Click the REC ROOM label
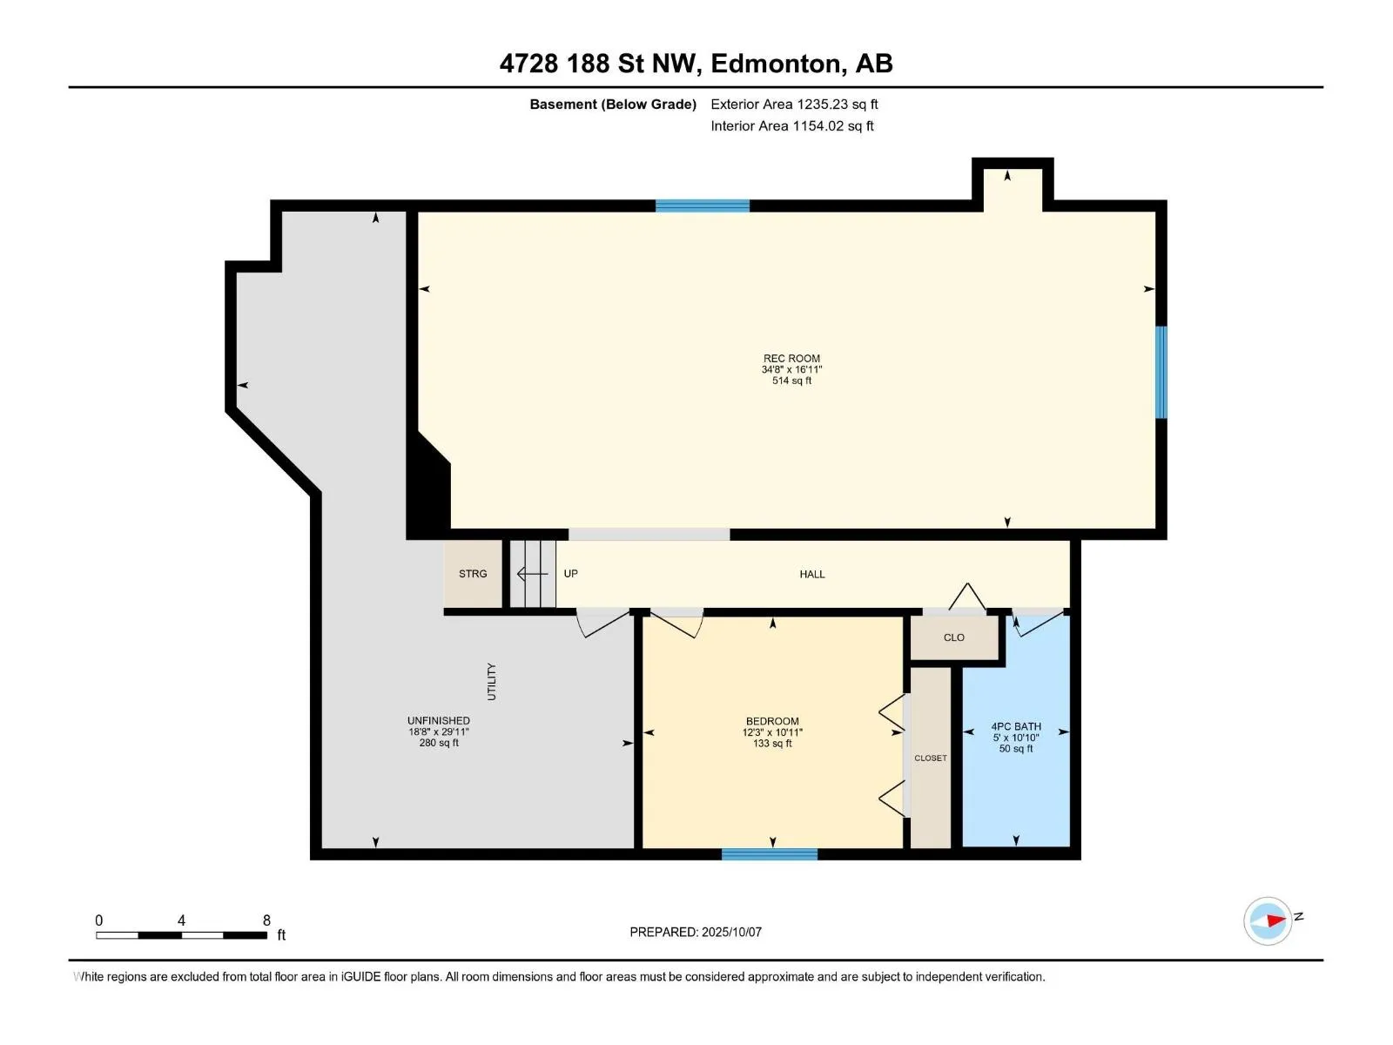pos(791,359)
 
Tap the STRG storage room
pos(473,574)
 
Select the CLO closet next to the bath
pos(954,637)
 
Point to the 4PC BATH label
pos(1016,726)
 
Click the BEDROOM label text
pos(772,721)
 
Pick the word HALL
pos(812,574)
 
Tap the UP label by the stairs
pos(570,574)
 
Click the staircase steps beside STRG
pos(533,574)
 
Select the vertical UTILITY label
pos(491,682)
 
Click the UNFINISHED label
pos(439,721)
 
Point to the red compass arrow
pos(1276,920)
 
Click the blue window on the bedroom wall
pos(769,854)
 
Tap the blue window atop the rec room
pos(703,206)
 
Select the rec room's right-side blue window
pos(1161,373)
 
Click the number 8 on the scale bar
pos(266,920)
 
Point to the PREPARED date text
pos(696,932)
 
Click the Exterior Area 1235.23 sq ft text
pos(794,104)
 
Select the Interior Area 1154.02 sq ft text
pos(792,125)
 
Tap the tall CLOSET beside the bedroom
pos(931,758)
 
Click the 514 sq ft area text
pos(791,381)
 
